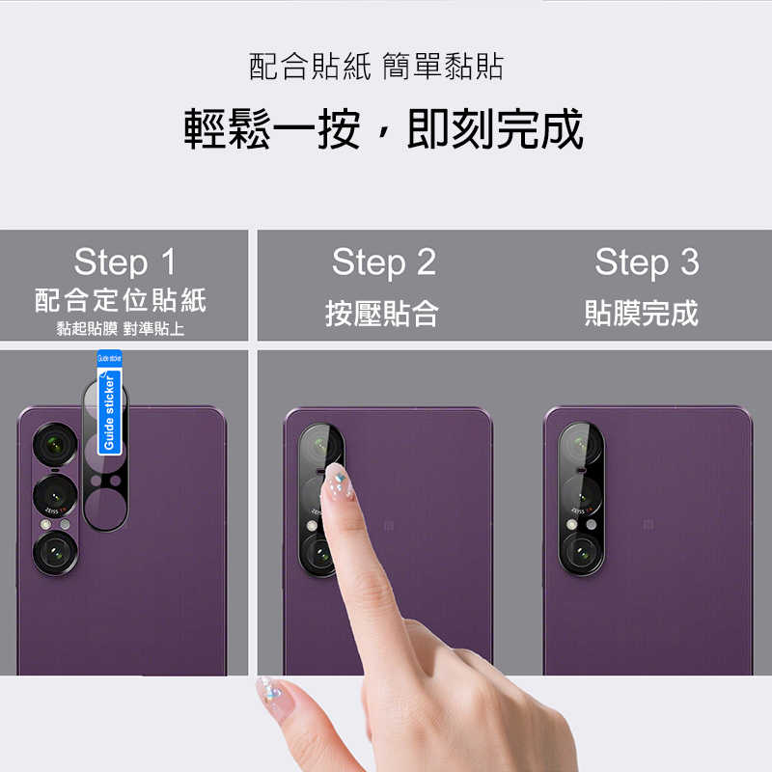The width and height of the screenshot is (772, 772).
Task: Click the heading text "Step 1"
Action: pos(124,262)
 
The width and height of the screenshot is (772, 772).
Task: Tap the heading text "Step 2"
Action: pos(383,262)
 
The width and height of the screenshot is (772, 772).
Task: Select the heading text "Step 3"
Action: pos(646,262)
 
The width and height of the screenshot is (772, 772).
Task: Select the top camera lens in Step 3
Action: pos(583,447)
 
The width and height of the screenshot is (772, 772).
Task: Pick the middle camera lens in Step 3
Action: pos(583,496)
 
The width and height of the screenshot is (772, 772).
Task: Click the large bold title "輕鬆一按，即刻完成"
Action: pos(384,129)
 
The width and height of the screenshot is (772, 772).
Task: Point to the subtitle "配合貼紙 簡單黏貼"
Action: pos(376,68)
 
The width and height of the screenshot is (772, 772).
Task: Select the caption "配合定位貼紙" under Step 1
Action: pos(121,299)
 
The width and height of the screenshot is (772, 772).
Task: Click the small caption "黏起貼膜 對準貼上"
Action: pos(121,329)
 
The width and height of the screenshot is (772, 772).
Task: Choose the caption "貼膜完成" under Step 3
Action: pos(641,313)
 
